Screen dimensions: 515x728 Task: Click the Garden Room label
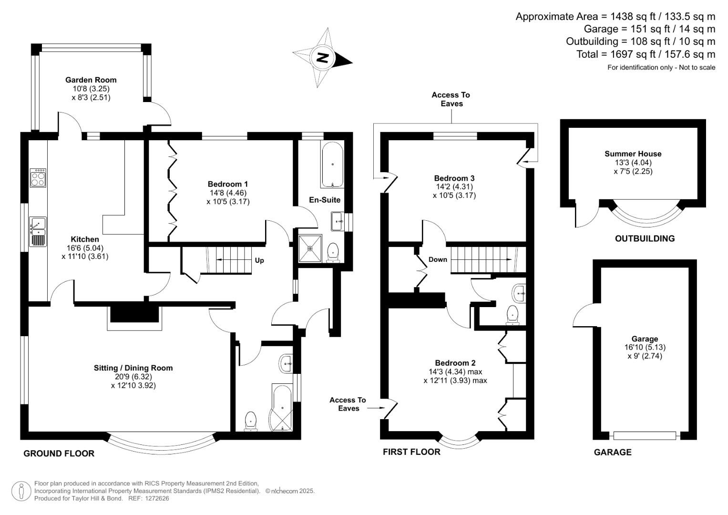pos(91,80)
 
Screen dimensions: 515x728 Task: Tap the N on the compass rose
pos(322,58)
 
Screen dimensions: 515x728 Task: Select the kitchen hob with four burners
pos(38,178)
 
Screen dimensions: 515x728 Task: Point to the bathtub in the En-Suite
pos(332,165)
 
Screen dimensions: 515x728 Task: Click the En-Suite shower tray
pos(310,248)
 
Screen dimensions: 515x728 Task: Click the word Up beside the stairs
pos(259,260)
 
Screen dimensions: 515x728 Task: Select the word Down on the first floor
pos(438,259)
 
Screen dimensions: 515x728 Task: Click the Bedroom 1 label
pos(227,184)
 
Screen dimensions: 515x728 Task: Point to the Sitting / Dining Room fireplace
pos(134,315)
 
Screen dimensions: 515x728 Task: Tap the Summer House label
pos(633,154)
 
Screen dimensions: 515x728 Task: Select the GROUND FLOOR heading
pos(59,453)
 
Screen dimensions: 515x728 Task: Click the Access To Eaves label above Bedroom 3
pos(451,99)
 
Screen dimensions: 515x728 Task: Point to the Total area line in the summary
pos(646,54)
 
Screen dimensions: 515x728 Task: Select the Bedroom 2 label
pos(455,363)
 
